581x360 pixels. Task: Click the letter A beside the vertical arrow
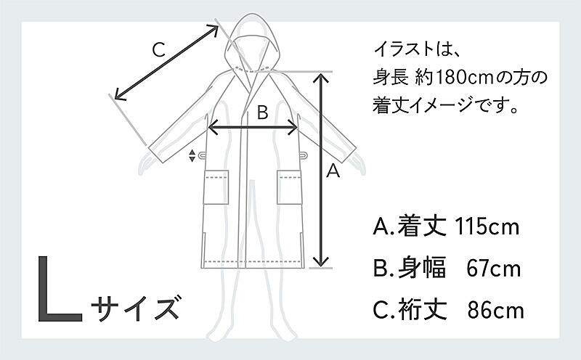[x=333, y=171]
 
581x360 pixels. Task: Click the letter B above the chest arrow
[x=262, y=112]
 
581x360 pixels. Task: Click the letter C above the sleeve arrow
[x=158, y=50]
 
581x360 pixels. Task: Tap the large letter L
[x=60, y=289]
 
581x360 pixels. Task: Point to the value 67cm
[x=494, y=269]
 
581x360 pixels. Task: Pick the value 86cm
[x=496, y=311]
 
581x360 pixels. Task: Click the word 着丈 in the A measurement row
[x=422, y=226]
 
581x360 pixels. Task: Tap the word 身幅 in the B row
[x=422, y=268]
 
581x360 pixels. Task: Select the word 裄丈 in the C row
[x=423, y=310]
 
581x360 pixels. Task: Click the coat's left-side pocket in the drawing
[x=216, y=187]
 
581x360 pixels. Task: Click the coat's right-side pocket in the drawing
[x=289, y=187]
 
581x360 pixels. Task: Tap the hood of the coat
[x=253, y=41]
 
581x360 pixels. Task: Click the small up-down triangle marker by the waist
[x=192, y=155]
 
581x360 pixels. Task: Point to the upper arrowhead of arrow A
[x=321, y=78]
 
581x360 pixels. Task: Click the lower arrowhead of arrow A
[x=321, y=261]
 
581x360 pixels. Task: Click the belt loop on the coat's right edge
[x=303, y=155]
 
